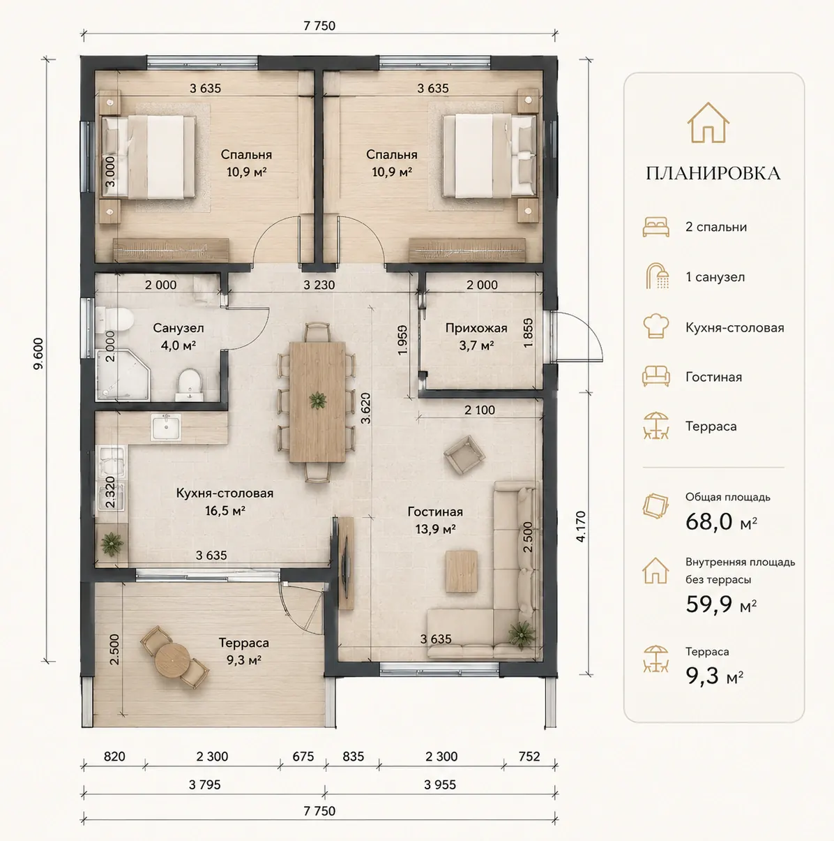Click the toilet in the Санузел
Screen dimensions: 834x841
(x=114, y=320)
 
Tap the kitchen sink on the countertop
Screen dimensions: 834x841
(x=166, y=427)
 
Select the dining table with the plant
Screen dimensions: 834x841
(x=317, y=401)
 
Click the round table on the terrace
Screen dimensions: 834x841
(x=172, y=660)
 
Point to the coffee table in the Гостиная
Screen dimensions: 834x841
(x=462, y=571)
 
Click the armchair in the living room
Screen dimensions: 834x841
(x=464, y=454)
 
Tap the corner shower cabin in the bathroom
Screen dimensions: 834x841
(x=123, y=375)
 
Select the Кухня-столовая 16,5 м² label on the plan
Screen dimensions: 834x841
(x=225, y=501)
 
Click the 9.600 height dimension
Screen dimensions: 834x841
(x=38, y=354)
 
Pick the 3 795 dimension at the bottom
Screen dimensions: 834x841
(x=204, y=784)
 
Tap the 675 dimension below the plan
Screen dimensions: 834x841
(x=303, y=756)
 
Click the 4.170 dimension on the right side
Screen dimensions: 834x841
(x=581, y=526)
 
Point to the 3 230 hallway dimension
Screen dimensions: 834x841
(x=319, y=285)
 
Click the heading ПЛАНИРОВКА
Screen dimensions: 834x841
(x=713, y=173)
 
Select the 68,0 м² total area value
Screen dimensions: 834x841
(x=721, y=521)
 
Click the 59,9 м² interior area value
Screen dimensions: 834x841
(x=721, y=604)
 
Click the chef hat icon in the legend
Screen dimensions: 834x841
(x=655, y=327)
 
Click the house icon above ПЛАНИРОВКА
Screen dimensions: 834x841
(x=708, y=123)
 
